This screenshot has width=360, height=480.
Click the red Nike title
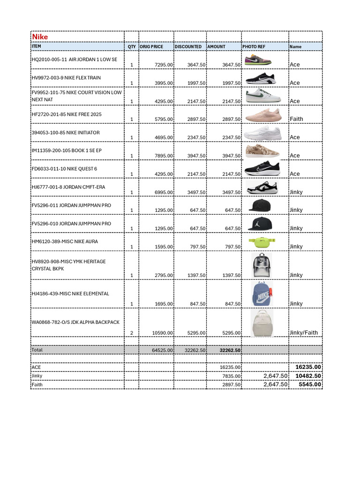[39, 37]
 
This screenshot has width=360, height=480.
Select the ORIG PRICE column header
[150, 47]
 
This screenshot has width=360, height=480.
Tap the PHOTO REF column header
[254, 47]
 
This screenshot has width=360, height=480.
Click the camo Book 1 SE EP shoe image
[262, 151]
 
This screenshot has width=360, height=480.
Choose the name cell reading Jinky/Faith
[303, 333]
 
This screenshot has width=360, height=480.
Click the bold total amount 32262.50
[230, 350]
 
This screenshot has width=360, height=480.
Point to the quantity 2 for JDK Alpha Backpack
[132, 333]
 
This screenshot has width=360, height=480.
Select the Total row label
[37, 350]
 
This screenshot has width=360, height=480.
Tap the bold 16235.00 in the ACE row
[308, 367]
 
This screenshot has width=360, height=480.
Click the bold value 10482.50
[308, 376]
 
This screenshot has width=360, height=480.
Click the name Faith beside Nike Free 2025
[296, 119]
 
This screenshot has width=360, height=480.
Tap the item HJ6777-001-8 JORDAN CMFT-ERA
[68, 187]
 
